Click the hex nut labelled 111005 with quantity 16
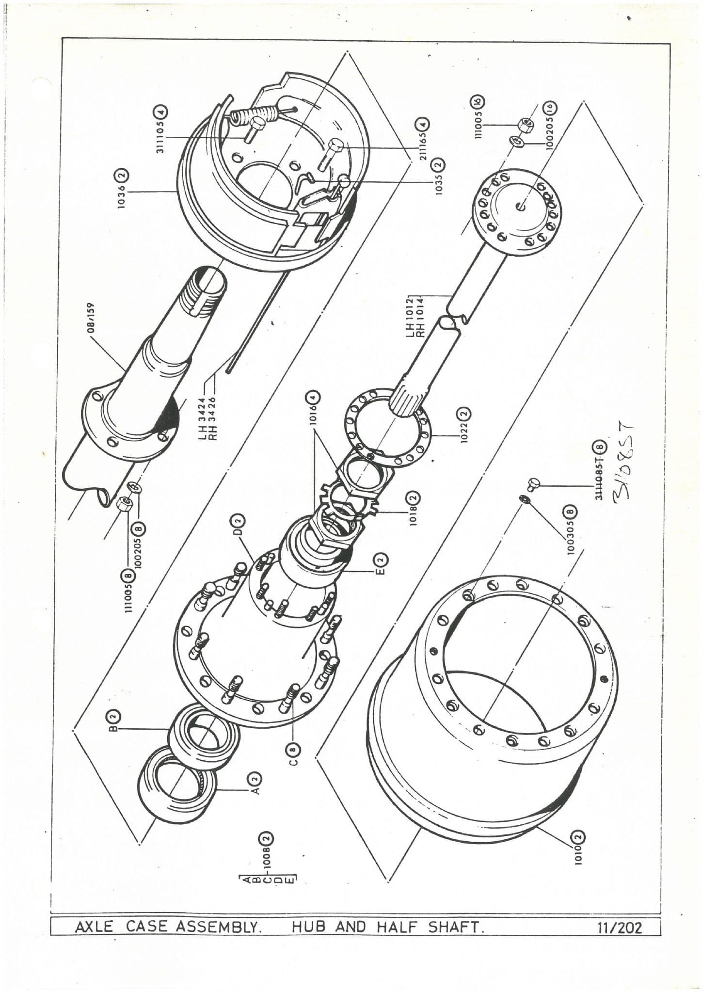(524, 125)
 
